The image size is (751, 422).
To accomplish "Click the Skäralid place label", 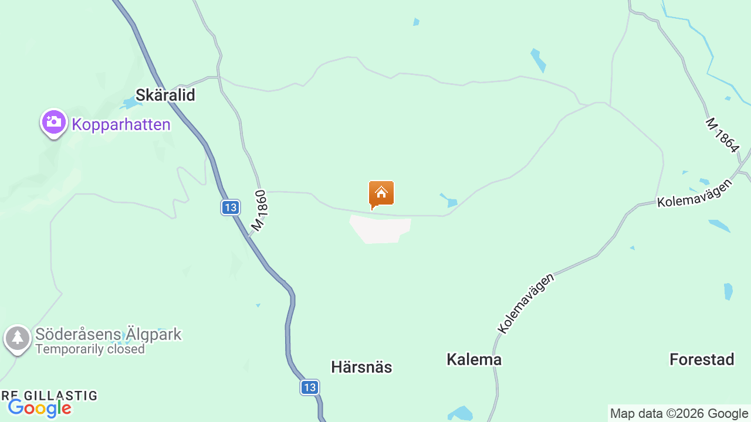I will click(165, 95).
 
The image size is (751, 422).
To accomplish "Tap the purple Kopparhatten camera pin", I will click(53, 122).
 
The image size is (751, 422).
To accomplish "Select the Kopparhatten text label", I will click(121, 124).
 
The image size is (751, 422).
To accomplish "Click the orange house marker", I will click(381, 194).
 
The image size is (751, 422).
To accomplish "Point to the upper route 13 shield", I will click(231, 207).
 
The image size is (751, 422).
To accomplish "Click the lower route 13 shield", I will click(310, 387).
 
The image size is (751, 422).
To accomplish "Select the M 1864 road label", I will click(722, 135).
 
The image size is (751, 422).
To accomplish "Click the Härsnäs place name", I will click(361, 367).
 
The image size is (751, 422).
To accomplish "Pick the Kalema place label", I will click(474, 360).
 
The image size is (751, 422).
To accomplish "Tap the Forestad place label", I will click(702, 360).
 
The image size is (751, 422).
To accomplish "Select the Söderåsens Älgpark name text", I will click(109, 335).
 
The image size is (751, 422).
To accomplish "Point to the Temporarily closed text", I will click(90, 349).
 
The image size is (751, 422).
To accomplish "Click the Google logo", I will click(39, 408).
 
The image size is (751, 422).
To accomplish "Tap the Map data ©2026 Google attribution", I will click(679, 414).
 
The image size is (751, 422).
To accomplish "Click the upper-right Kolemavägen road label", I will click(695, 193).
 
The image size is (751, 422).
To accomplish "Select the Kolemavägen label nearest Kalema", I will click(526, 303).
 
